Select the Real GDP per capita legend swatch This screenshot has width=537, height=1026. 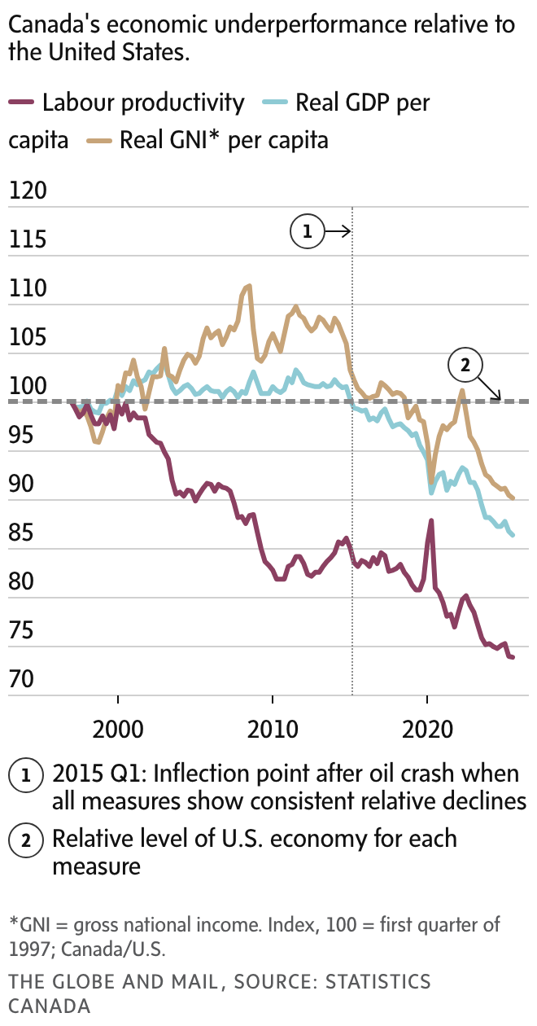click(x=277, y=103)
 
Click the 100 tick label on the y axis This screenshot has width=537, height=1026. click(x=26, y=387)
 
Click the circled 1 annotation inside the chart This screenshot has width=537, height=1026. click(x=307, y=232)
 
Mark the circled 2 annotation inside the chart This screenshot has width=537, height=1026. click(x=465, y=366)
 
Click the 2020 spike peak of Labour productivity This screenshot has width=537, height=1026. click(x=431, y=520)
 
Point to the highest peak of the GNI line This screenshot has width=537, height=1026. click(x=249, y=285)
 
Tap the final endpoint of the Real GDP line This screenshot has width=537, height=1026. click(x=513, y=535)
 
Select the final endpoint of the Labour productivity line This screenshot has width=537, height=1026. click(x=513, y=657)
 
